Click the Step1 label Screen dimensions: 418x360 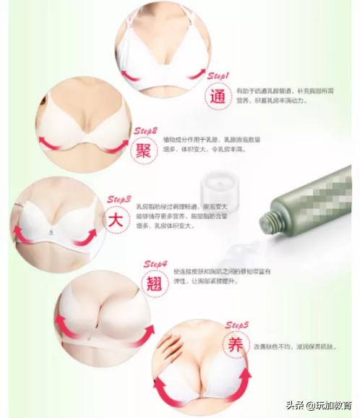[218, 75]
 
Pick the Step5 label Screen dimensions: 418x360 [237, 325]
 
